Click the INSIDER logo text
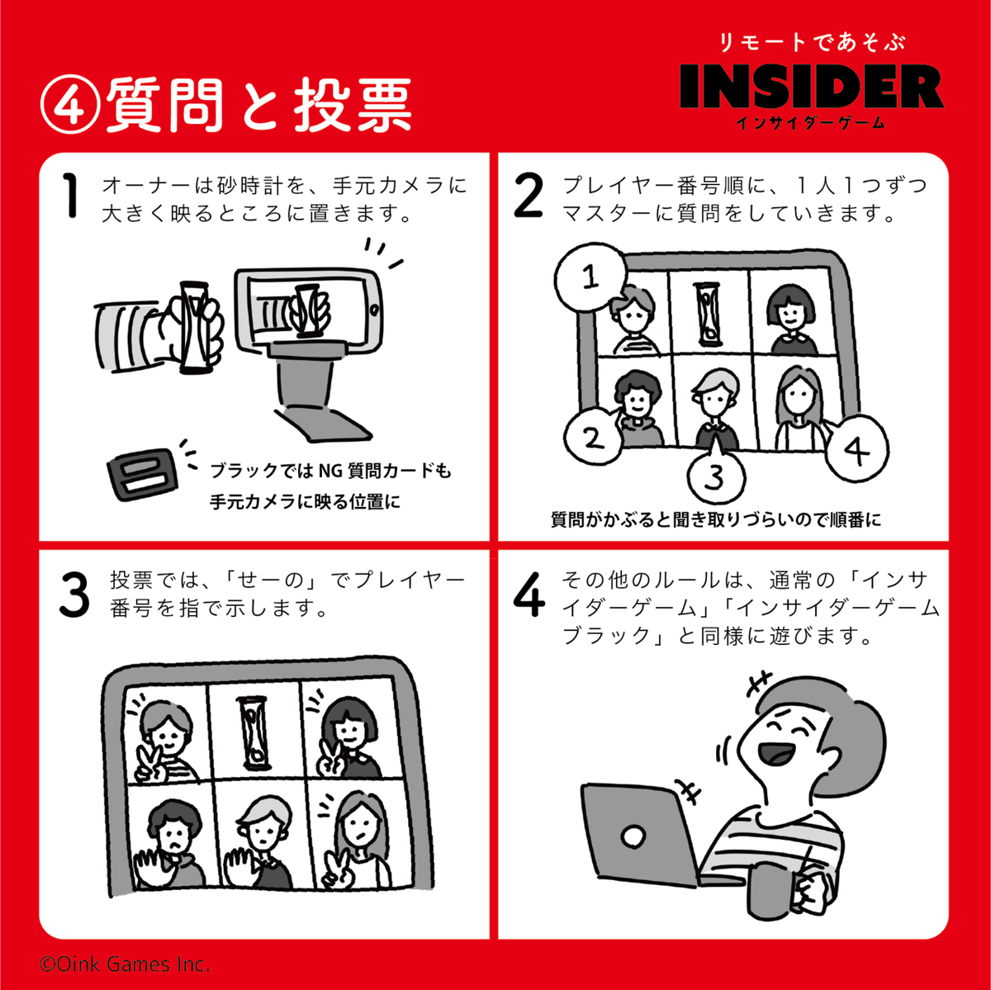click(x=812, y=87)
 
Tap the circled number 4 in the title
click(x=70, y=106)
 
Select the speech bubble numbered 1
click(x=590, y=277)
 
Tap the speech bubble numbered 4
click(x=856, y=448)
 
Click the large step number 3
click(x=74, y=595)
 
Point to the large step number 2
click(x=529, y=196)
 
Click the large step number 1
click(x=70, y=196)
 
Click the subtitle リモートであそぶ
click(x=812, y=42)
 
